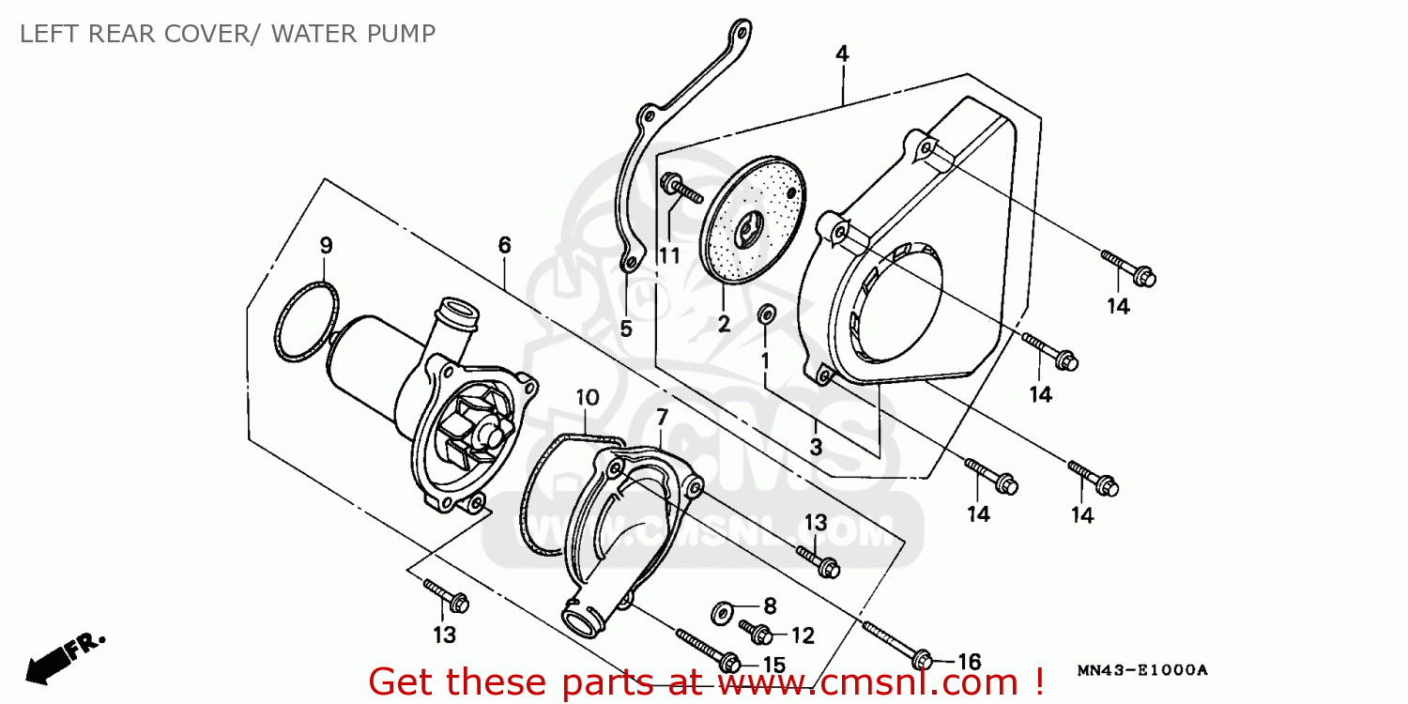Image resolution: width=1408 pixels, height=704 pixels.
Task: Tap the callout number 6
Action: click(x=504, y=245)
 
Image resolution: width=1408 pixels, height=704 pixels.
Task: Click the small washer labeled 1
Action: click(x=767, y=314)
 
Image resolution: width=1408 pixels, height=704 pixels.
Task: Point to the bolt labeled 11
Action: click(x=681, y=188)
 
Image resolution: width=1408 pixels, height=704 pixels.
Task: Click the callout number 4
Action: click(x=842, y=54)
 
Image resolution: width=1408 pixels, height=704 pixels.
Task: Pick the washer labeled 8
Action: click(x=721, y=613)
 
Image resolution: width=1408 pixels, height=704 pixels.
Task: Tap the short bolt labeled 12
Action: click(x=755, y=632)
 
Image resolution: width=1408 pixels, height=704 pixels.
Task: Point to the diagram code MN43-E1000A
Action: click(x=1142, y=670)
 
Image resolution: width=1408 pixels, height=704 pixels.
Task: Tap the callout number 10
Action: click(x=588, y=397)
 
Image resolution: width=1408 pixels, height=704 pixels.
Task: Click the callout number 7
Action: click(x=662, y=417)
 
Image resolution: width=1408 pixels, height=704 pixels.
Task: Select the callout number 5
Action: click(x=625, y=329)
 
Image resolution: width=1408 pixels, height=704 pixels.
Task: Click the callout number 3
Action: click(x=816, y=447)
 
